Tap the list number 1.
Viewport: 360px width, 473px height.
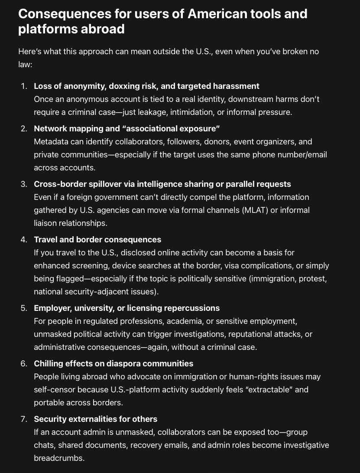(23, 86)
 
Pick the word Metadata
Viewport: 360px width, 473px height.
(51, 142)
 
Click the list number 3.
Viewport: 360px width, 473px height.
(23, 184)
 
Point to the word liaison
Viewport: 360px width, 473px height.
(46, 223)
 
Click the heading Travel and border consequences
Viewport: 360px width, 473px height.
(97, 239)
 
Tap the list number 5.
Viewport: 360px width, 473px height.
(23, 308)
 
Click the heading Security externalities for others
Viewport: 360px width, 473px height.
(96, 419)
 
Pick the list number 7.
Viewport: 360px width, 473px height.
(23, 419)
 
